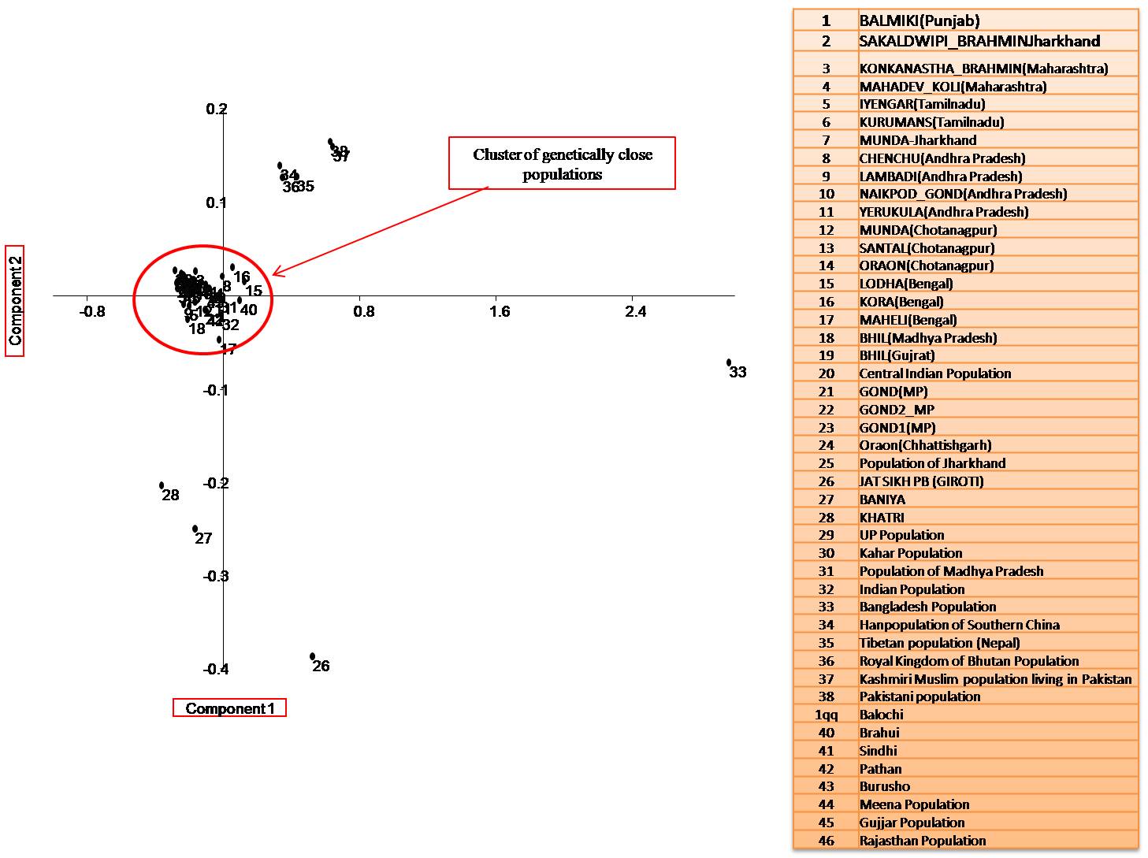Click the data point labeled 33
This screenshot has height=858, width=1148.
click(729, 362)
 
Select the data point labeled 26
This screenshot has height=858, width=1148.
click(313, 656)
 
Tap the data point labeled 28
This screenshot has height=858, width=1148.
click(162, 485)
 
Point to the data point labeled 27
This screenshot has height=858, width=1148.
click(195, 529)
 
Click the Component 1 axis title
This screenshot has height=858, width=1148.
click(229, 708)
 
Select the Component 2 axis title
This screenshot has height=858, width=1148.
click(15, 300)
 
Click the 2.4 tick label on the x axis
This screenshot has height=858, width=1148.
click(635, 311)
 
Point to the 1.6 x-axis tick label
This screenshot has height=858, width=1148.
click(500, 311)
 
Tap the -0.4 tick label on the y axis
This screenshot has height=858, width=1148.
click(215, 670)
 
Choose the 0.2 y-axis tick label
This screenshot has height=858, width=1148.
click(216, 109)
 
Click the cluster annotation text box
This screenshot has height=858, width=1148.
click(562, 164)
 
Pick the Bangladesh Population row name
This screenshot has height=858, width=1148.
click(927, 607)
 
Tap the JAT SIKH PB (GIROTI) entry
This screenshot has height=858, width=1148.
click(921, 481)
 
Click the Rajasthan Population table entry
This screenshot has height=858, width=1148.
click(922, 841)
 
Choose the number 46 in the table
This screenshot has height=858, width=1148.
click(826, 841)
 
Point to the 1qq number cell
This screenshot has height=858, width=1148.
click(826, 715)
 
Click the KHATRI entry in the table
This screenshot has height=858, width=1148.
click(882, 518)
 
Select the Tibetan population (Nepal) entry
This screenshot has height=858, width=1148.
click(939, 643)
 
